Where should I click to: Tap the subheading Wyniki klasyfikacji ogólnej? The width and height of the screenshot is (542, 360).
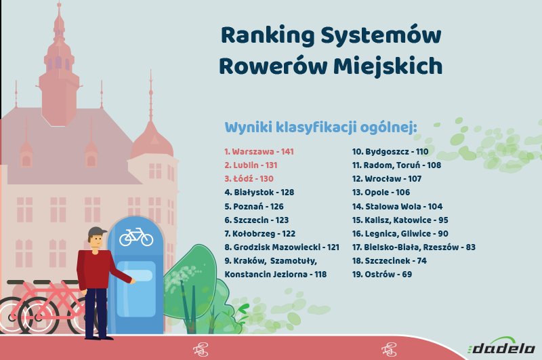tap(320, 127)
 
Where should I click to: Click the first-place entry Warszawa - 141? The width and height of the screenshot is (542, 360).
tap(259, 151)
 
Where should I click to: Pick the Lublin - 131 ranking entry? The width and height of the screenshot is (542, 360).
tap(251, 165)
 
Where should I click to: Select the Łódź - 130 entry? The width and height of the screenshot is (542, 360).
tap(249, 178)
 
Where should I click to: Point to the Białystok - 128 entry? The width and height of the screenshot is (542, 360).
tap(259, 193)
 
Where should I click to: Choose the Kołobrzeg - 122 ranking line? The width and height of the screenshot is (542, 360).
tap(260, 234)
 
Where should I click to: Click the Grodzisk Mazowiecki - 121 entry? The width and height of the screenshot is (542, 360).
tap(282, 247)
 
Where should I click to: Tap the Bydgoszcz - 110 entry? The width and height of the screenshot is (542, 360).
tap(390, 151)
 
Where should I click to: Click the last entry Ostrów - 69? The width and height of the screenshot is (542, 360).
tap(382, 274)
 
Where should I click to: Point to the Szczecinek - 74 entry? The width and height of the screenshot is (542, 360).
tap(389, 261)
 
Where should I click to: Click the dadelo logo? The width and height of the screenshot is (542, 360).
tap(502, 346)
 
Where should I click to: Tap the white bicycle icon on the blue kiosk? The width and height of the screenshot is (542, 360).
tap(136, 237)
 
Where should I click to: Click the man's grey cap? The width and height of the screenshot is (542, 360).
tap(96, 232)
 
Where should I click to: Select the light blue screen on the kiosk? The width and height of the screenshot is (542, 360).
tap(136, 289)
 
